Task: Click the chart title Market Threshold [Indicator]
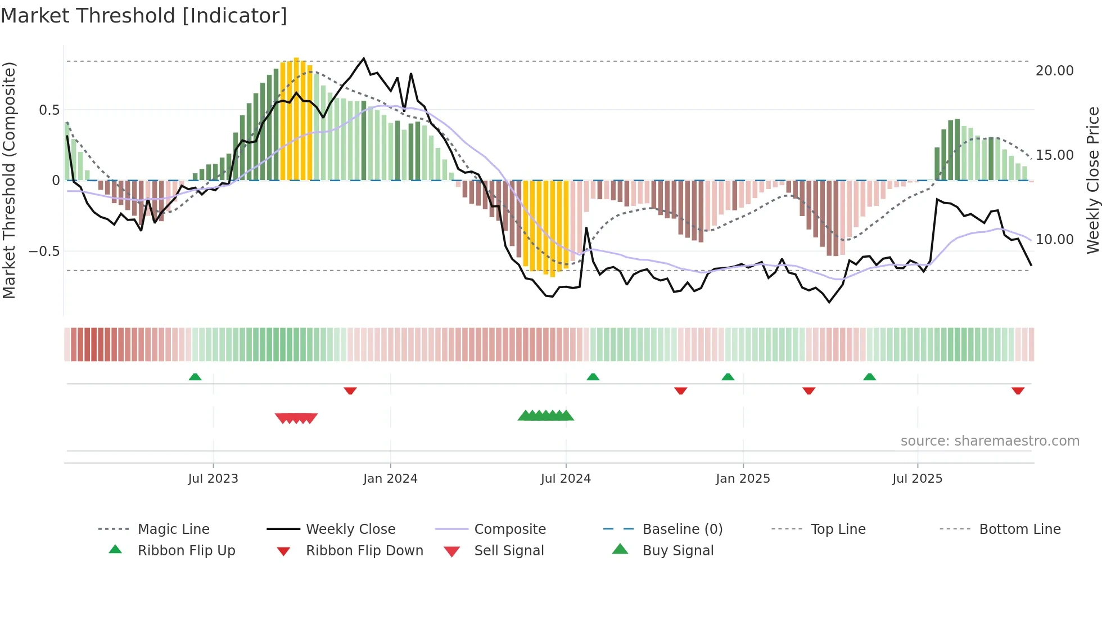click(x=144, y=16)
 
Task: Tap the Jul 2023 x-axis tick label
click(x=213, y=479)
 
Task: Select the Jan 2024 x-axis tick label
click(x=390, y=479)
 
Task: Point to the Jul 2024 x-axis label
click(x=566, y=479)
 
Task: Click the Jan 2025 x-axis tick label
click(x=743, y=479)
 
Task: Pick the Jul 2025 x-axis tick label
click(x=917, y=479)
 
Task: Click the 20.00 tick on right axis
click(x=1054, y=71)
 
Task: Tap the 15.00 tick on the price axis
click(x=1054, y=155)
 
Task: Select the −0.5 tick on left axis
click(x=44, y=251)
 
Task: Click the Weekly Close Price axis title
click(x=1092, y=180)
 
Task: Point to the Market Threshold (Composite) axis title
click(x=9, y=180)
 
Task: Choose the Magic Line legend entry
click(x=173, y=529)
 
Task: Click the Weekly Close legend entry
click(x=350, y=529)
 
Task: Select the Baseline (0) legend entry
click(x=682, y=529)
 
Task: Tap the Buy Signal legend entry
click(x=678, y=551)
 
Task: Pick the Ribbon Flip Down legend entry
click(x=364, y=551)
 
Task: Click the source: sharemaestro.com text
click(x=990, y=441)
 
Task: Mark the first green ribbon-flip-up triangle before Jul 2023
click(x=195, y=377)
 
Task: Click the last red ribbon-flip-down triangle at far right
click(x=1018, y=390)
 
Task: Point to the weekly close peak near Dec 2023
click(x=364, y=59)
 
